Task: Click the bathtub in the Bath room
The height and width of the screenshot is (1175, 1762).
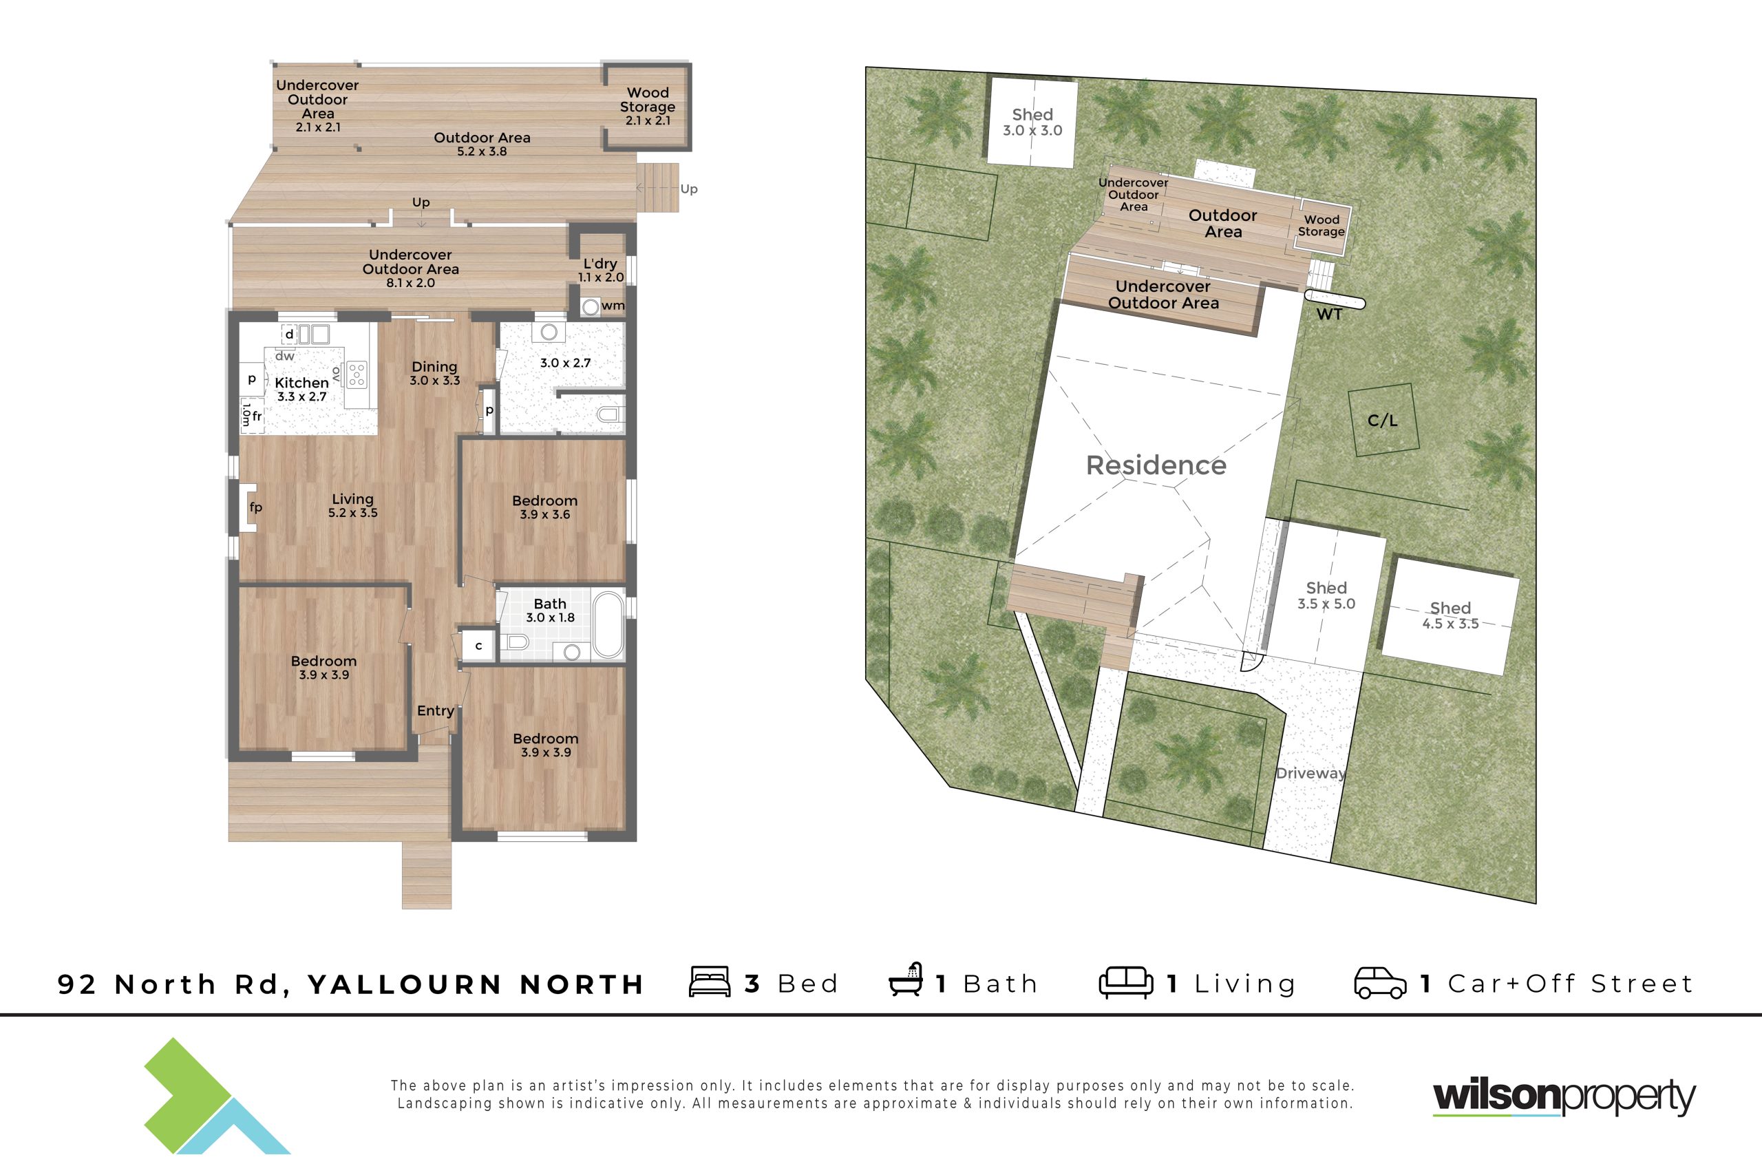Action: tap(608, 625)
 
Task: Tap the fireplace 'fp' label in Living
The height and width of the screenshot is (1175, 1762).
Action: tap(256, 507)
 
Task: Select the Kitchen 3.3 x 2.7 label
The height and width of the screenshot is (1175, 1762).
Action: tap(302, 389)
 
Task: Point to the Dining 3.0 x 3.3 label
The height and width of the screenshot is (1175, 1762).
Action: tap(434, 372)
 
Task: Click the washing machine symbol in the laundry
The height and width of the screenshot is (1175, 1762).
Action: tap(591, 306)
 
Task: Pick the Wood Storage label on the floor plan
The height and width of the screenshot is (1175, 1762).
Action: tap(647, 105)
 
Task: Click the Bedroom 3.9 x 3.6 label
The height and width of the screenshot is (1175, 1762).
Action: tap(544, 507)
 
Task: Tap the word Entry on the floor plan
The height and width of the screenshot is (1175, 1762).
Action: tap(435, 710)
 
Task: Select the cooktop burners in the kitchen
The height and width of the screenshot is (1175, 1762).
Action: tap(357, 374)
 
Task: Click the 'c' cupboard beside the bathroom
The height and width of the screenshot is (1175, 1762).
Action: tap(478, 645)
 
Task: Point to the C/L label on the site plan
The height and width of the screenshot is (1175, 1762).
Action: tap(1382, 421)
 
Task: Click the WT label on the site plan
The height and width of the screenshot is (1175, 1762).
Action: tap(1329, 315)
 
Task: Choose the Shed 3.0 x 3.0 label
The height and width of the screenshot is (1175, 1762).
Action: tap(1032, 122)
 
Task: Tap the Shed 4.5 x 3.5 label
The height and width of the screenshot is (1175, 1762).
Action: tap(1450, 615)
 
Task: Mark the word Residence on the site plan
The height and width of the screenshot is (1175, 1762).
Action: tap(1156, 465)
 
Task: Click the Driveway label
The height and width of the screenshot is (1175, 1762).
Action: tap(1311, 773)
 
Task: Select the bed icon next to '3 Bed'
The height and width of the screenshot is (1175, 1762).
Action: tap(710, 982)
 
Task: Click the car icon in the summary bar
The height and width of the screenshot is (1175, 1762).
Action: tap(1380, 983)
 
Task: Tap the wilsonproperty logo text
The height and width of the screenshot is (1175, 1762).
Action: tap(1564, 1097)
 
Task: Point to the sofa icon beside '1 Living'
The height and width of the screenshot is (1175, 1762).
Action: tap(1126, 982)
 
